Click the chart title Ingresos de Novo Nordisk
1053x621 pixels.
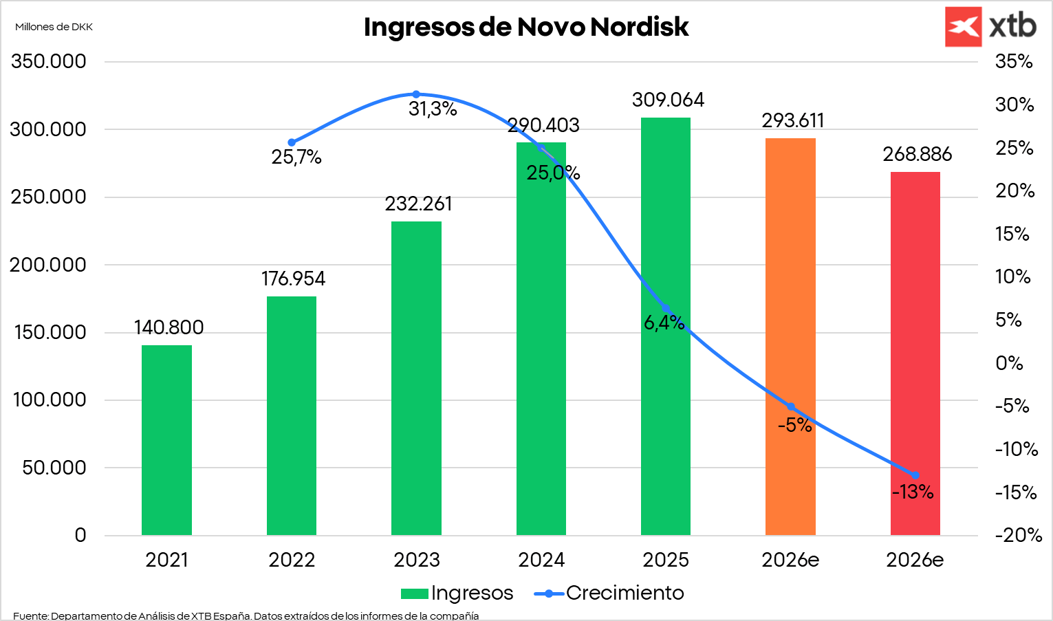click(x=525, y=28)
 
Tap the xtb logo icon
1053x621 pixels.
click(x=963, y=27)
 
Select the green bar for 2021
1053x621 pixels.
click(x=166, y=440)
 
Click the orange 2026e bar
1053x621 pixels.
click(x=790, y=337)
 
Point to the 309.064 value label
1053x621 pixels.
click(x=668, y=100)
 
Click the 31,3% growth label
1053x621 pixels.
click(x=433, y=109)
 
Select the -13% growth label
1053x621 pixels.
click(x=913, y=492)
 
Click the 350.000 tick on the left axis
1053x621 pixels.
click(x=49, y=62)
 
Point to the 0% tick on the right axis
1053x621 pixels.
click(x=1008, y=363)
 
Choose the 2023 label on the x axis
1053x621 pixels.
click(x=416, y=560)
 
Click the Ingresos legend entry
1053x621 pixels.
click(x=457, y=593)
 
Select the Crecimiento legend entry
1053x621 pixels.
click(x=609, y=593)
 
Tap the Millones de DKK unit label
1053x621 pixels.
click(x=54, y=27)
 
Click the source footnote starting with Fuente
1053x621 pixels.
click(x=246, y=615)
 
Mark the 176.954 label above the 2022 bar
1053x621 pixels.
click(x=293, y=279)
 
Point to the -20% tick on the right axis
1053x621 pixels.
click(x=1018, y=536)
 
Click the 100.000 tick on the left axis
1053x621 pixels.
click(x=49, y=400)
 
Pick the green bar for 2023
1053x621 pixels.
click(x=416, y=378)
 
